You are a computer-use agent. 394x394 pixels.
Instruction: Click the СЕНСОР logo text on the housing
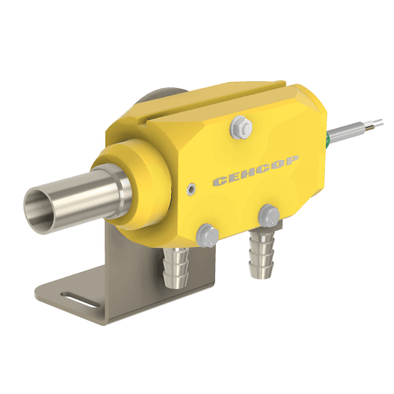pyautogui.click(x=255, y=171)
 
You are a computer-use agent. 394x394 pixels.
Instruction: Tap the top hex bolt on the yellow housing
pyautogui.click(x=241, y=127)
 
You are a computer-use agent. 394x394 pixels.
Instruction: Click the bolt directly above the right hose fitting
pyautogui.click(x=269, y=216)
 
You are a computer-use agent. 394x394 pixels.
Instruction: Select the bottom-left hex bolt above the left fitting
pyautogui.click(x=208, y=236)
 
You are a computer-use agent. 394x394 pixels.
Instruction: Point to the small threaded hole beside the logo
pyautogui.click(x=192, y=189)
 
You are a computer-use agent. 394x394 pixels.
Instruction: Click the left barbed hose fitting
pyautogui.click(x=176, y=267)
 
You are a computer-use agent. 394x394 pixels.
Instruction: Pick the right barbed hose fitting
pyautogui.click(x=261, y=254)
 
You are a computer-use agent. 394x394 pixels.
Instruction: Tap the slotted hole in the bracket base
pyautogui.click(x=79, y=300)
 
